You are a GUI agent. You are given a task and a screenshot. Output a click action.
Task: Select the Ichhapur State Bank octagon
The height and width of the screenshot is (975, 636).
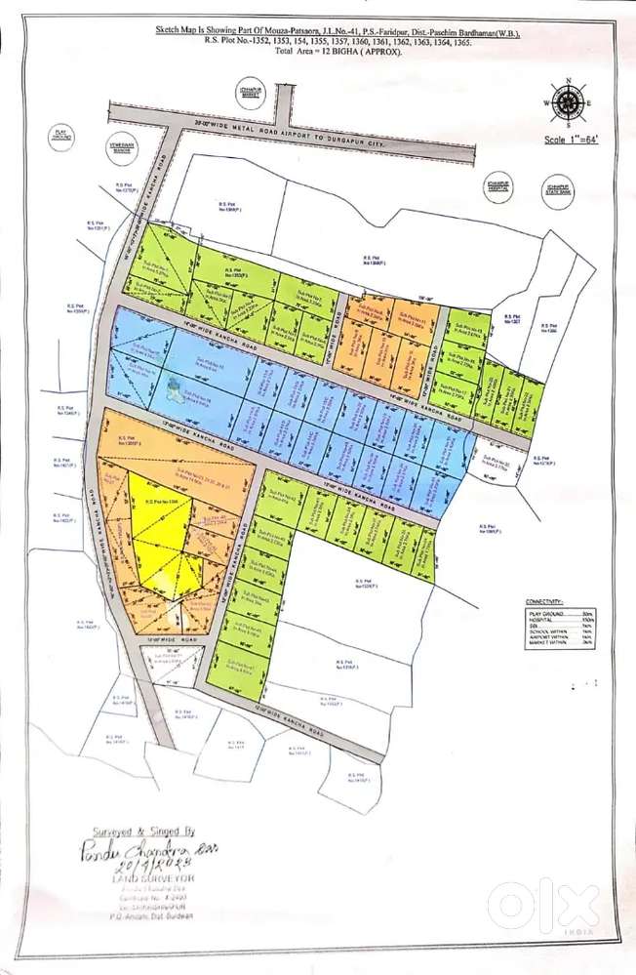tap(557, 186)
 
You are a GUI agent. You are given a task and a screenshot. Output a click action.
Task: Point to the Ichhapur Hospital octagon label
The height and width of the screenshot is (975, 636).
tap(499, 185)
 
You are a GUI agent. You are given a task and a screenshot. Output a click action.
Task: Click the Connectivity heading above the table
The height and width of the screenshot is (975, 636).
tap(542, 602)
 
